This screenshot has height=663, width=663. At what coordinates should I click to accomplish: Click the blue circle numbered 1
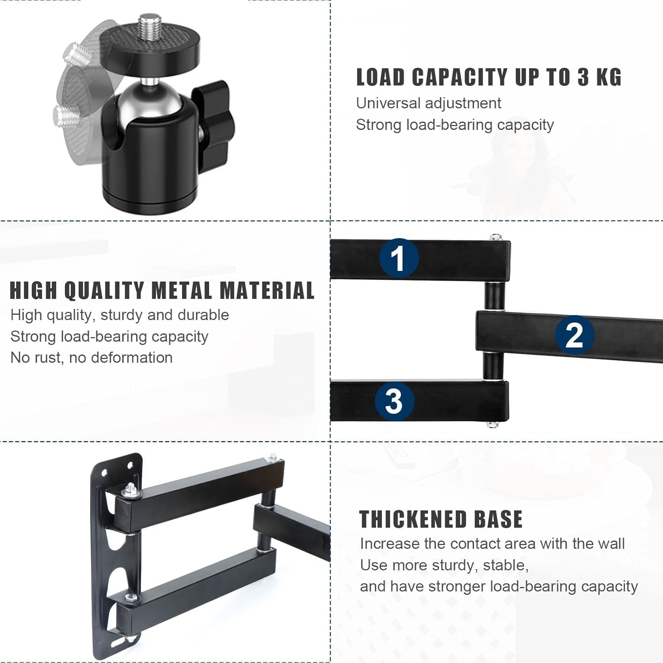399,258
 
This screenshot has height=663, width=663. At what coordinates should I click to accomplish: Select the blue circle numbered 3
394,400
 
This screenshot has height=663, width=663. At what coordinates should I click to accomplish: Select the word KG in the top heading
609,77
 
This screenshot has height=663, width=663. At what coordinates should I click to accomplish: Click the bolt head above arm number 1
495,237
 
